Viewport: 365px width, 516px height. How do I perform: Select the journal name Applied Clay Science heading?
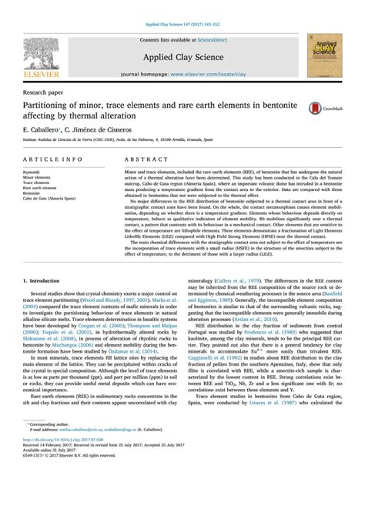(x=182, y=56)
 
